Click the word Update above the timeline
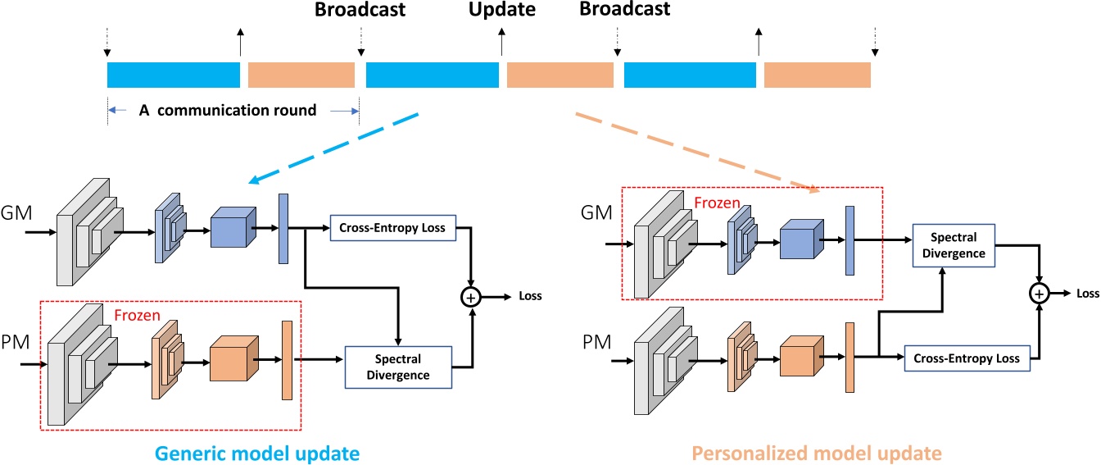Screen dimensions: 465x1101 (501, 11)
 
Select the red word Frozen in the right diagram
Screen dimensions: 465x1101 (718, 201)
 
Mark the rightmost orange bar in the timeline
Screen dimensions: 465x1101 (817, 75)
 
